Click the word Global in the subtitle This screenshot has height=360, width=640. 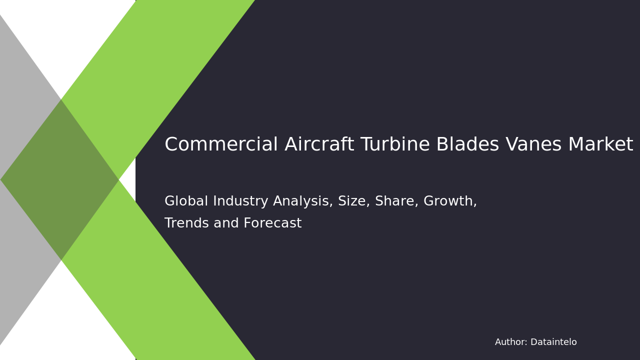coord(186,201)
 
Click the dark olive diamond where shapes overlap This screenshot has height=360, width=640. coord(60,180)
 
